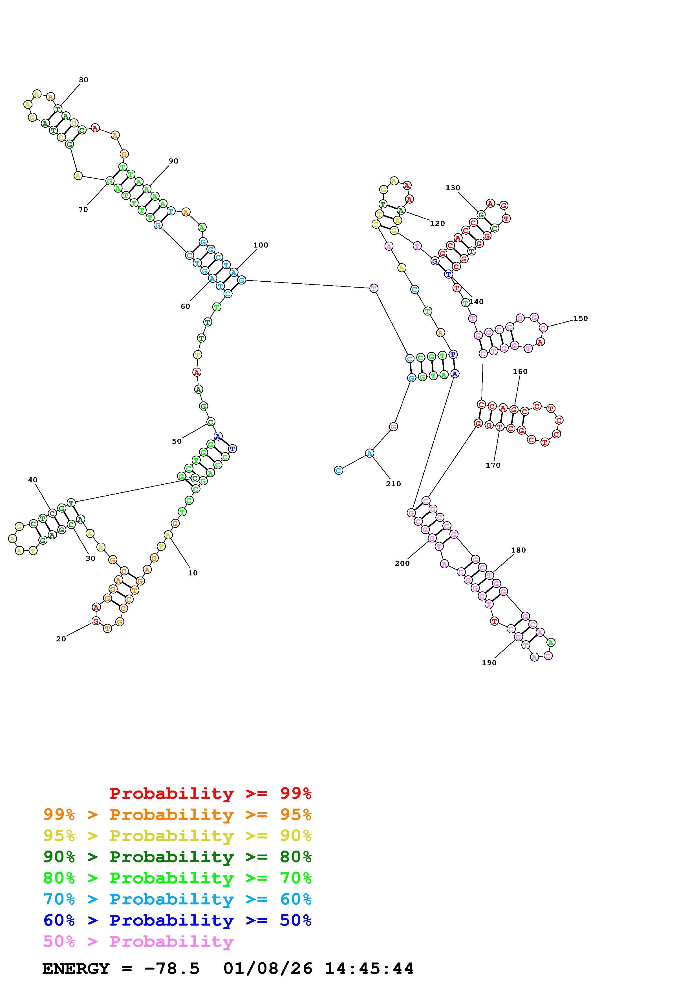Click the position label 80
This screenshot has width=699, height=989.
point(83,80)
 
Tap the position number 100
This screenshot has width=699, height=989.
point(261,245)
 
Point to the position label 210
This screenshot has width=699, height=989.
point(393,484)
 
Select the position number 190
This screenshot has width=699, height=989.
point(489,663)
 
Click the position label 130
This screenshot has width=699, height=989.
point(453,188)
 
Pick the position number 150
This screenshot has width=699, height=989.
point(580,318)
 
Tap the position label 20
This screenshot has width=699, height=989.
point(61,639)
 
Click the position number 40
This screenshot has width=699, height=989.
point(33,480)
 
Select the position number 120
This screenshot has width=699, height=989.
point(437,223)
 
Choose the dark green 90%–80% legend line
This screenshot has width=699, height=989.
point(177,857)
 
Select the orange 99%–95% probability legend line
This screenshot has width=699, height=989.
point(177,814)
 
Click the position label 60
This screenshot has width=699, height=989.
point(185,306)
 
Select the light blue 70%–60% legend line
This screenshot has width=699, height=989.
point(177,899)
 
